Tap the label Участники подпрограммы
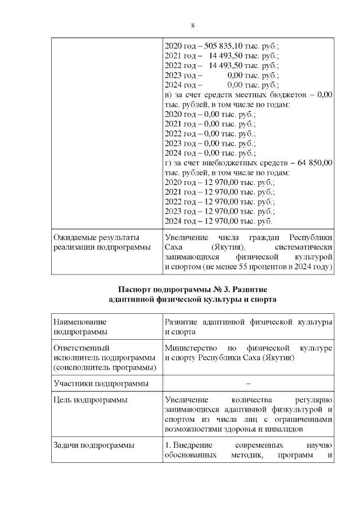click(101, 384)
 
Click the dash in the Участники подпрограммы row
click(248, 384)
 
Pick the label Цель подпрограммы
click(90, 400)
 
